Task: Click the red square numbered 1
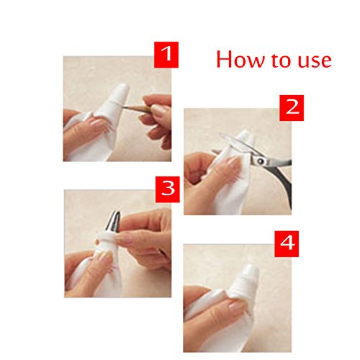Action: coord(166,55)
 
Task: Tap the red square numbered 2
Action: coord(292,108)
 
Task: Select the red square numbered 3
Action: coord(168,189)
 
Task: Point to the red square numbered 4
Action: coord(287,244)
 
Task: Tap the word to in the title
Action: coord(283,60)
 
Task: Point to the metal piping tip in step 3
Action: coord(114,221)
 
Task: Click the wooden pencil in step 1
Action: coord(138,109)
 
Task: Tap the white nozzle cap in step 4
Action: coord(246,279)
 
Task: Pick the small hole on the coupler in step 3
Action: coord(96,241)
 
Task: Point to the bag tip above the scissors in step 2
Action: coord(245,136)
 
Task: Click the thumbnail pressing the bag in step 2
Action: coord(233,162)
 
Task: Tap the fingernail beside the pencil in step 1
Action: coord(156,109)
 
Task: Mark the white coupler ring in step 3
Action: coord(106,239)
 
